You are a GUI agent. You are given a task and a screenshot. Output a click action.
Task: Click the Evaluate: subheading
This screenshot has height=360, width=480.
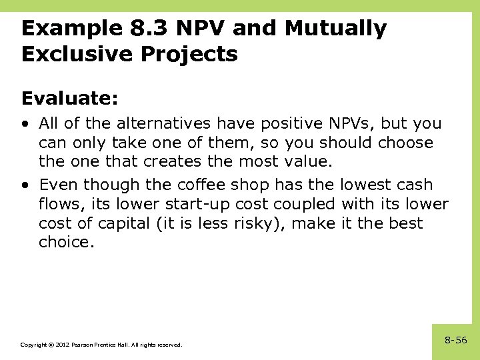pos(70,99)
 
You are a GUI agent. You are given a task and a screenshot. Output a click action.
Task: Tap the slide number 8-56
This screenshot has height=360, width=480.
pos(456,341)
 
